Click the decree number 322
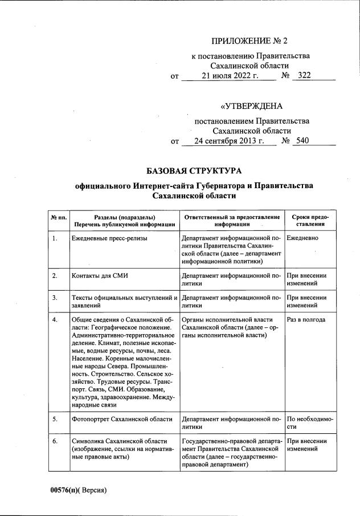click(x=304, y=75)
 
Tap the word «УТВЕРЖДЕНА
click(x=251, y=105)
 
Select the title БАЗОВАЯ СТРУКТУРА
click(x=194, y=170)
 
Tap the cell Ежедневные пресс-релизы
click(x=109, y=238)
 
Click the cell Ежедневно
click(x=302, y=238)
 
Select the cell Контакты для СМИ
click(x=100, y=276)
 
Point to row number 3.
click(x=55, y=298)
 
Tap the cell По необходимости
click(x=310, y=423)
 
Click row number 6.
click(x=55, y=441)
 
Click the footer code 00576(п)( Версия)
click(x=79, y=490)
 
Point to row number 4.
click(x=55, y=319)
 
